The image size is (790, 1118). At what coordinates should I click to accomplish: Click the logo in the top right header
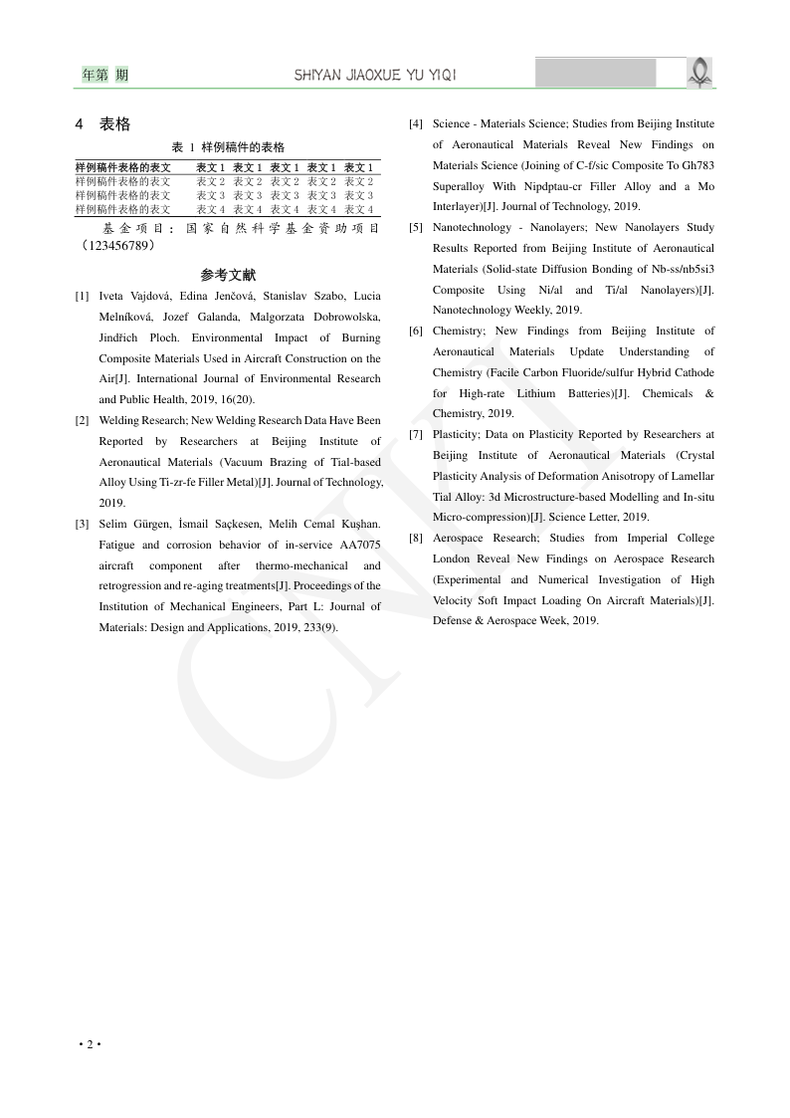(x=700, y=72)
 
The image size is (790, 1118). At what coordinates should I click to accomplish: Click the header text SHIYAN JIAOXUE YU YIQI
(x=375, y=76)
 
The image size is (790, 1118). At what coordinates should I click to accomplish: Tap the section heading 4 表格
(x=103, y=124)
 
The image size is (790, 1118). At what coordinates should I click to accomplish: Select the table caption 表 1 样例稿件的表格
(x=229, y=146)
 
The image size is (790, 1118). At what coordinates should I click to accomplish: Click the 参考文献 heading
(x=228, y=275)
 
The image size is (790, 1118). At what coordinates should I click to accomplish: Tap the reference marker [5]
(x=415, y=228)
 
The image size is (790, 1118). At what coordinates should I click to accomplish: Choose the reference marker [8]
(x=415, y=539)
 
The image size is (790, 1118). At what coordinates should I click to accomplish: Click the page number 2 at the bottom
(x=90, y=1043)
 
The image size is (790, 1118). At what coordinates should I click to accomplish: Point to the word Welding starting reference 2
(x=119, y=420)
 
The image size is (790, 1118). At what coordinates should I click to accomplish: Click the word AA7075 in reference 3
(x=359, y=545)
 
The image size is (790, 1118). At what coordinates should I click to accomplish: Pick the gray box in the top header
(x=595, y=73)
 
